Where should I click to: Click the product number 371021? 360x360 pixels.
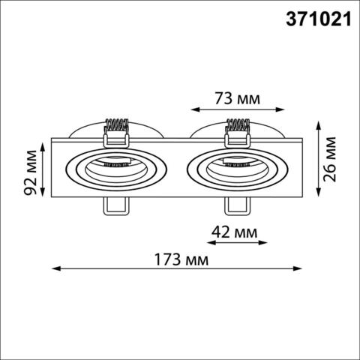(317, 20)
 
